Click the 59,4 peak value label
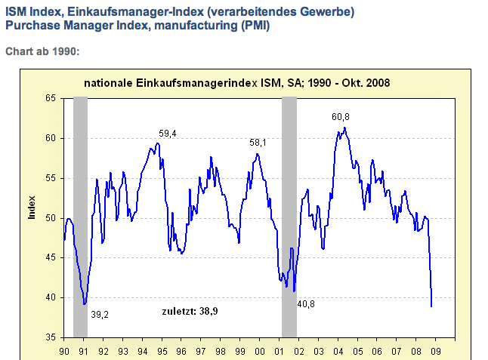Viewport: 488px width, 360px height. [x=166, y=134]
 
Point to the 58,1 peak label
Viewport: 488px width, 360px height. [x=260, y=142]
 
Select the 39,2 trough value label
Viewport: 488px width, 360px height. [x=100, y=314]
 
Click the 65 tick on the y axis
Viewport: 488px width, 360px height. [x=51, y=99]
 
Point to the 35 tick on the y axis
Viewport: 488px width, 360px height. [x=51, y=337]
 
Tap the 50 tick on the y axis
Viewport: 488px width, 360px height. [x=51, y=218]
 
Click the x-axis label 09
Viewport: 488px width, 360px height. [x=436, y=352]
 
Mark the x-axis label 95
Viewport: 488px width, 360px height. [x=162, y=352]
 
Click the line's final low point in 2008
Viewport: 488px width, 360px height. [x=431, y=306]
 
